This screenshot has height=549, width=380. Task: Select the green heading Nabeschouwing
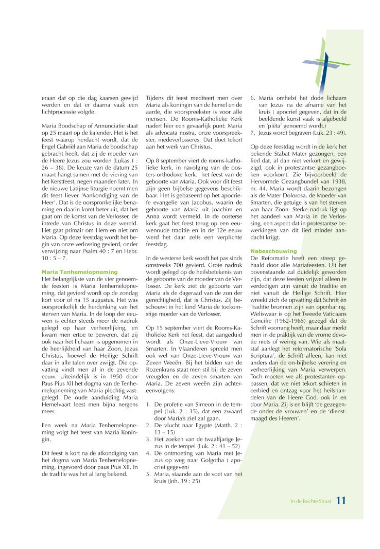(x=271, y=251)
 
